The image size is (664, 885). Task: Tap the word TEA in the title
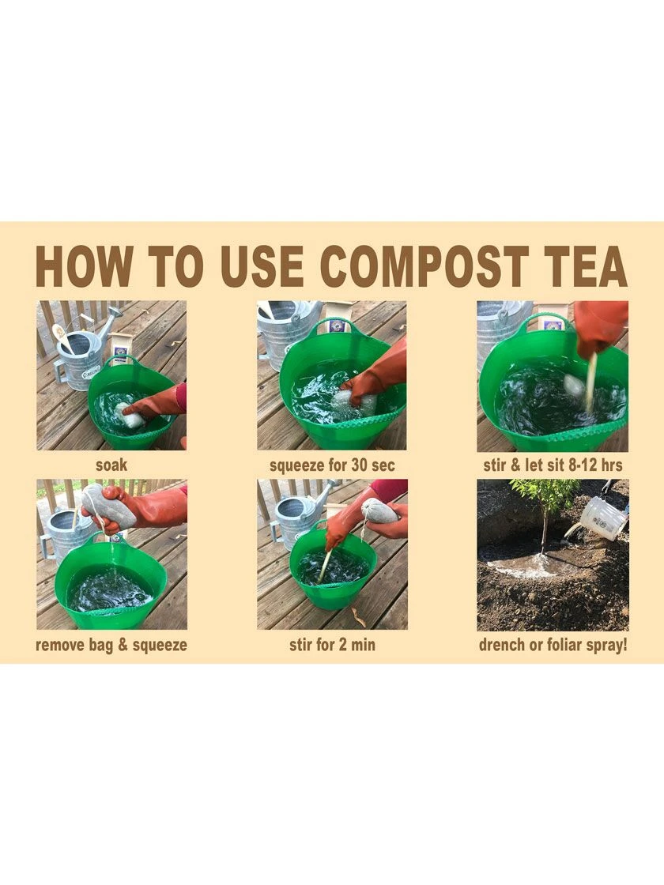(584, 267)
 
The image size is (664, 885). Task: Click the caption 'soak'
(111, 465)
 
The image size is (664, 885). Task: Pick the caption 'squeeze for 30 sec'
(332, 465)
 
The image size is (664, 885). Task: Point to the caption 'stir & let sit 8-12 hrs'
(553, 465)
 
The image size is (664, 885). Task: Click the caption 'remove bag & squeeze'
(111, 645)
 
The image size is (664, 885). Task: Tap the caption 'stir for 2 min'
(332, 645)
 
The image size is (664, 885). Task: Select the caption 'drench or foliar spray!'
(553, 645)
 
